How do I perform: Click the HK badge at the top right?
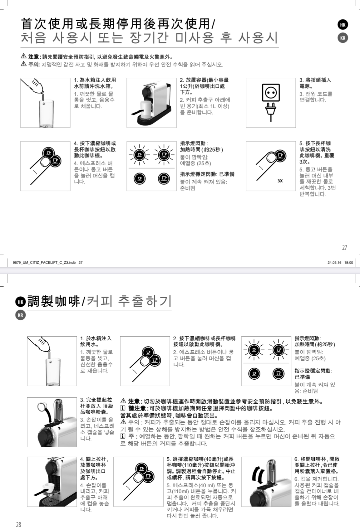(x=343, y=25)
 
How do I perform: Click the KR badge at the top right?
(x=343, y=38)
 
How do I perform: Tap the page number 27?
(x=345, y=247)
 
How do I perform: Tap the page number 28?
(x=19, y=524)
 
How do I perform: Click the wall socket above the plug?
(x=271, y=93)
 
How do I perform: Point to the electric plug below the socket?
(x=271, y=112)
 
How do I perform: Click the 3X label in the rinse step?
(x=280, y=181)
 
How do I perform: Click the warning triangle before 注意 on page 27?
(x=24, y=56)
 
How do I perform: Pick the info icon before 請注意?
(x=123, y=408)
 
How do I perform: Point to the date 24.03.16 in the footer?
(x=334, y=263)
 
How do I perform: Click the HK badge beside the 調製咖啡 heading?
(x=21, y=302)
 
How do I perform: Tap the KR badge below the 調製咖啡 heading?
(x=21, y=315)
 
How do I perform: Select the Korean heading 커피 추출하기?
(x=129, y=301)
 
